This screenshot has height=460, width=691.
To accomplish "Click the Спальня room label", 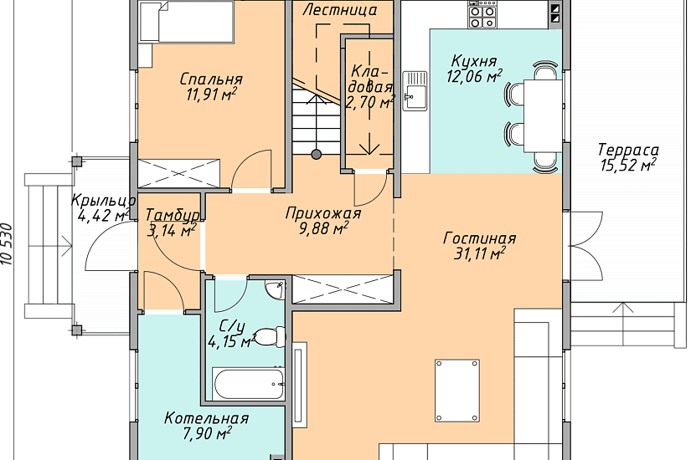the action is tap(211, 79).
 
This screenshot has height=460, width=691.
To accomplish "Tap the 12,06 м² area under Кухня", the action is tap(474, 76).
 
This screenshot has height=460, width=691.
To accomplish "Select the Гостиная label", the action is tap(479, 238).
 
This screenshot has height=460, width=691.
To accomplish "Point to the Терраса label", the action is tap(628, 150).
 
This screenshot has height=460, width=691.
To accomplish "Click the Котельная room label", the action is tap(206, 417).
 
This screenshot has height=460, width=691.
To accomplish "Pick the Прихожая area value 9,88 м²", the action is tap(324, 228).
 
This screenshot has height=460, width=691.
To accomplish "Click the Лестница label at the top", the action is tap(340, 10).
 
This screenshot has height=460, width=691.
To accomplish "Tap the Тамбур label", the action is tap(172, 215).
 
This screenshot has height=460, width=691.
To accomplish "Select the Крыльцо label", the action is tap(103, 200).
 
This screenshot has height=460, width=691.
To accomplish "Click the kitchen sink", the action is tap(415, 90).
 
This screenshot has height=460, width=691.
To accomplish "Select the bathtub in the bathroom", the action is tap(249, 384).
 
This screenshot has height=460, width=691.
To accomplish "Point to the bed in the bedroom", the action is tap(186, 21).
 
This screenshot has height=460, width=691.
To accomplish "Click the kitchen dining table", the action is tap(543, 115).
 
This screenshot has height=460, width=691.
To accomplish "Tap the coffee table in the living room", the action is tap(457, 391).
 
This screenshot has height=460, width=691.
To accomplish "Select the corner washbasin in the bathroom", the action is tap(276, 289).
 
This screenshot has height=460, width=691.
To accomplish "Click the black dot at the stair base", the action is tap(316, 154).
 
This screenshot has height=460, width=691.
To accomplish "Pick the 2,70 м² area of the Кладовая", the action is tap(369, 103).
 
